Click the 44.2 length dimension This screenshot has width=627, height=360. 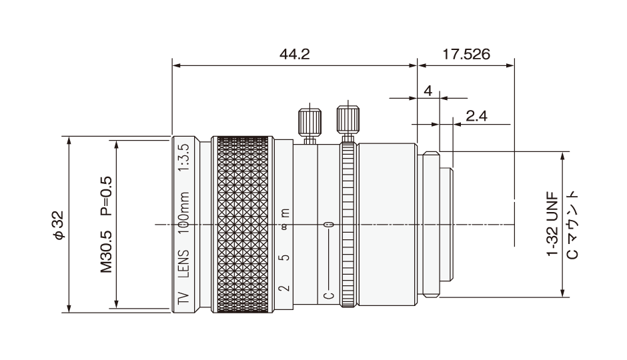(295, 54)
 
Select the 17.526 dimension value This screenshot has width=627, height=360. (466, 54)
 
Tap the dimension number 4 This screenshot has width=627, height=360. (428, 91)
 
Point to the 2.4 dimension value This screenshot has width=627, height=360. (477, 116)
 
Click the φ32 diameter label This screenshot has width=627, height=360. (59, 225)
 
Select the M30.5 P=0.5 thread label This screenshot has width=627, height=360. (106, 225)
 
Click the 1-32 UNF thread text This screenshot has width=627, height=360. (552, 224)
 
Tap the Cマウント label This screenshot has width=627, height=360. (572, 225)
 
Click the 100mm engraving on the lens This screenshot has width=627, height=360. (183, 213)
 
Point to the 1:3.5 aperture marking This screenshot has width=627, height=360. (183, 157)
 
